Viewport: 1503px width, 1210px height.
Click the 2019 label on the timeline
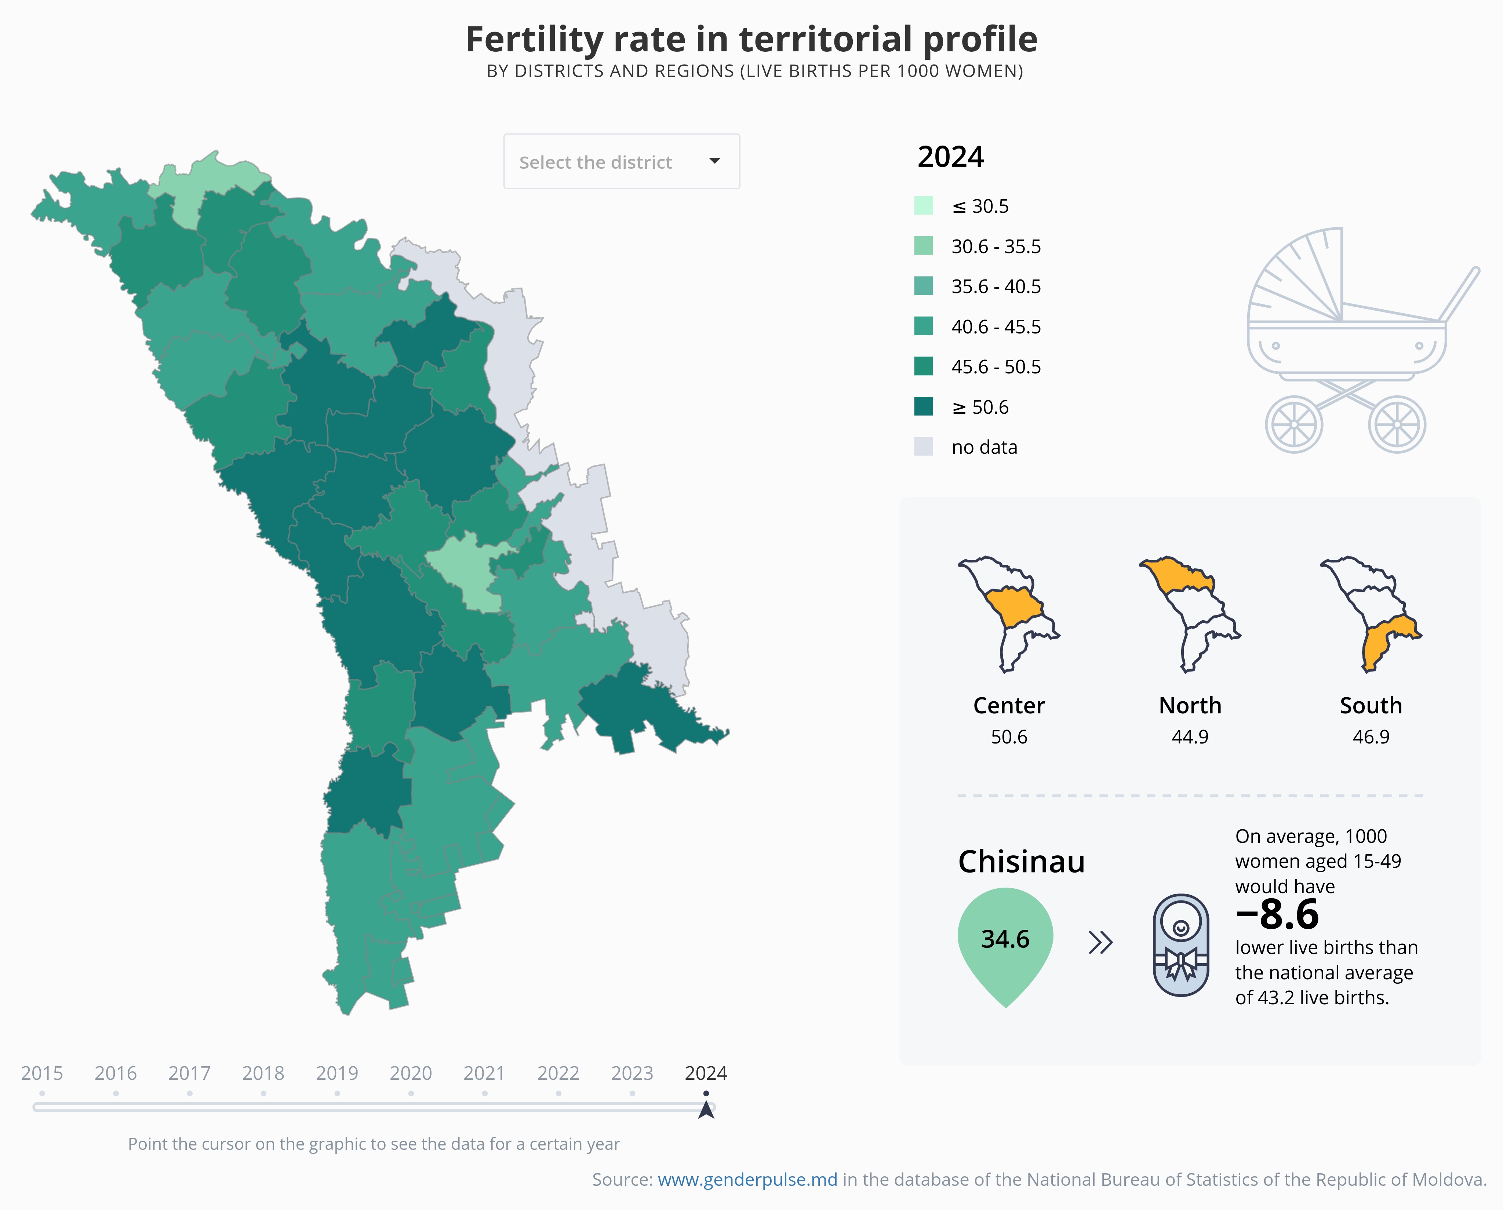337,1074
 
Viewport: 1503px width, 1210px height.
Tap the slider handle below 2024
706,1108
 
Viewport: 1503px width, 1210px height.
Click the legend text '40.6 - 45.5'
996,327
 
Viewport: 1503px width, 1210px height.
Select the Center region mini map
1009,613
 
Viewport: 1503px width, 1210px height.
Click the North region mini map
1190,613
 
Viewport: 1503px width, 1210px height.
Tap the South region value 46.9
1371,737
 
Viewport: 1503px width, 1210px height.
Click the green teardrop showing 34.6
1005,941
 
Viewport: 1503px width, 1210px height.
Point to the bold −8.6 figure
1277,914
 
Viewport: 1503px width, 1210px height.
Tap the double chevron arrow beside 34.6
1100,943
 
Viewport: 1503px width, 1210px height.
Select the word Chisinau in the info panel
1021,862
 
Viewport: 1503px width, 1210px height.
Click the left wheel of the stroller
1294,424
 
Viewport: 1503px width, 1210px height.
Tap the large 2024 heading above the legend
950,157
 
